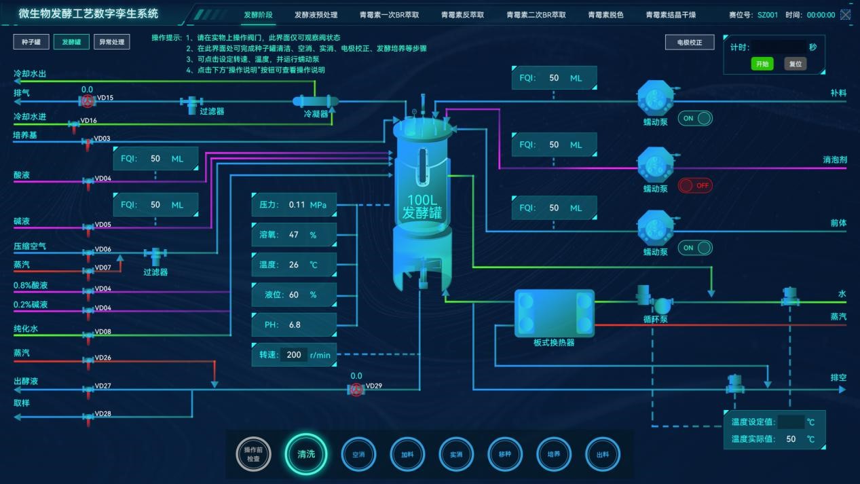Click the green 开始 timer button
762,64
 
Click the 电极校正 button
690,42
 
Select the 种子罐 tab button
31,42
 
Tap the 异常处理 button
112,42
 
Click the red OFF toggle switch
695,185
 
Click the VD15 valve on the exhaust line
88,101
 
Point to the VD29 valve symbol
356,390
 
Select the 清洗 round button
306,453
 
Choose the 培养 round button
554,454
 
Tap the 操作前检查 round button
253,454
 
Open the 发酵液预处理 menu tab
316,14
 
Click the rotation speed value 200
294,354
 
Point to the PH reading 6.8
295,324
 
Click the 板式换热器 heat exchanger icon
554,313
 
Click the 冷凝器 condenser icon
315,101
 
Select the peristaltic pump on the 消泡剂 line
656,165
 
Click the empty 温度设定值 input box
791,422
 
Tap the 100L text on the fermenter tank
422,201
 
